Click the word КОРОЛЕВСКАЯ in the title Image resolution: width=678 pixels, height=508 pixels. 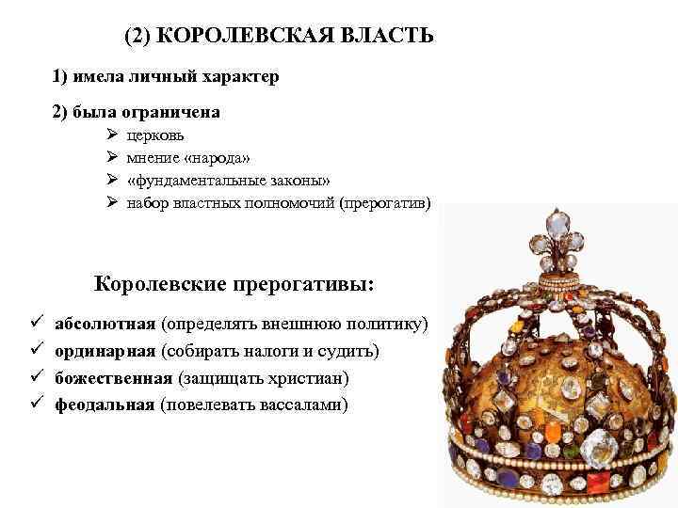pos(250,37)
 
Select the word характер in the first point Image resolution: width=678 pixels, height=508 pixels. pos(236,75)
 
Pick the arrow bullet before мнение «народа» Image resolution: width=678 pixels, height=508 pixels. pos(113,158)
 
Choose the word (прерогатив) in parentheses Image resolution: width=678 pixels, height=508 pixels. pos(388,203)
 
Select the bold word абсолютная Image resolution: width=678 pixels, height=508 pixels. pos(105,325)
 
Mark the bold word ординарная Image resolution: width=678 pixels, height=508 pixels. pos(105,351)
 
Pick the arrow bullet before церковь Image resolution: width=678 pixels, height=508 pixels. pos(113,135)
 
